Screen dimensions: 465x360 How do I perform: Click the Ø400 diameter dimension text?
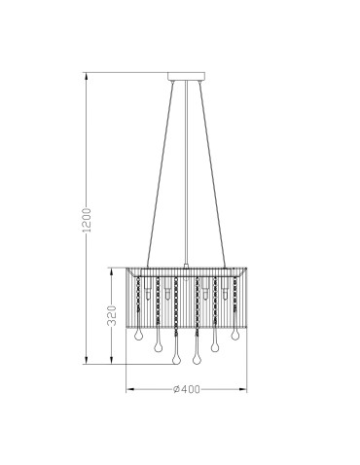coord(185,388)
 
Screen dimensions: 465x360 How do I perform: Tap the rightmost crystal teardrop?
coord(236,334)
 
